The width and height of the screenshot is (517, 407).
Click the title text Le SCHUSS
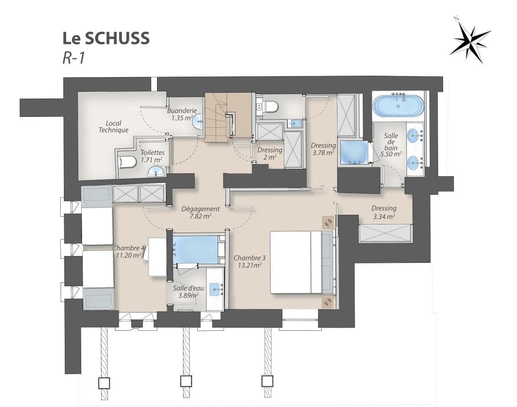coord(106,39)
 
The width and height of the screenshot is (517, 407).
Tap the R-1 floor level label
coord(73,59)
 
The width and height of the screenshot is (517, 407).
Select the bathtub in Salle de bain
coord(398,106)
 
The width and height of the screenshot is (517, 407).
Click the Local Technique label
coord(113,126)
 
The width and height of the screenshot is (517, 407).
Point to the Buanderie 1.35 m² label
coord(181,114)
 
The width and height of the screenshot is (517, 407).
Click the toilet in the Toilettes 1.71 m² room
coord(128,162)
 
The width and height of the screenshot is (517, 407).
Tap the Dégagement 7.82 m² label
coord(200,212)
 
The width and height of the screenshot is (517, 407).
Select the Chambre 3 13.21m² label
coord(249,261)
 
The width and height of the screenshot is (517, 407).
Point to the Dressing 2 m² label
coord(269,153)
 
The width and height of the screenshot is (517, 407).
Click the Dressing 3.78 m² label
coord(323,149)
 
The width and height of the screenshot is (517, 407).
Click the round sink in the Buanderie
coord(198,122)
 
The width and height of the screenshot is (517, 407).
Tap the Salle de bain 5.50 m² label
coord(391,145)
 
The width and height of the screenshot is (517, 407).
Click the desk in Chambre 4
coord(157,256)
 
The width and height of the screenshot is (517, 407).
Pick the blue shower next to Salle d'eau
coord(195,250)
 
